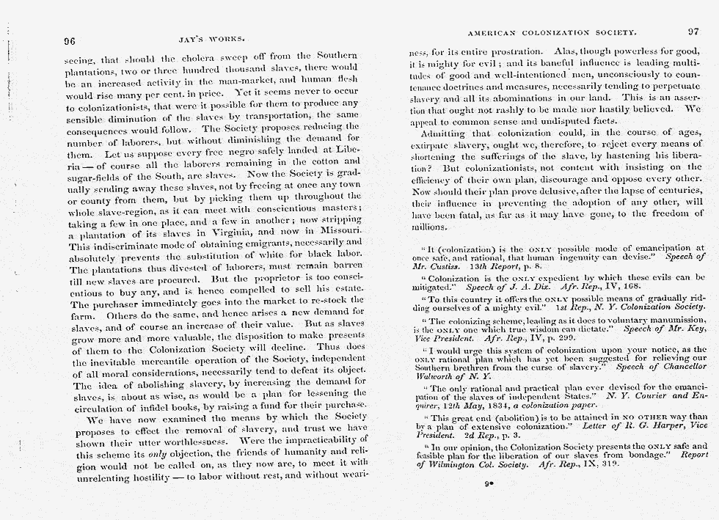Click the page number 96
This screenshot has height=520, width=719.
click(x=70, y=41)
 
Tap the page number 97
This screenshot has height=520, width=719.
click(x=694, y=32)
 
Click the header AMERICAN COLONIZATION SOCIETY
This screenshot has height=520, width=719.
click(x=550, y=33)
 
